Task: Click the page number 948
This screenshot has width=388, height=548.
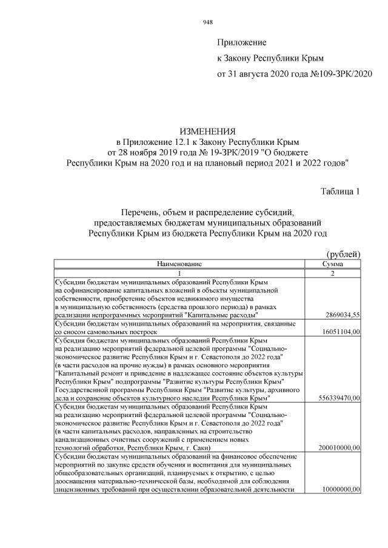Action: coord(207,22)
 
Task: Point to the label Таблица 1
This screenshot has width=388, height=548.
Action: coord(340,192)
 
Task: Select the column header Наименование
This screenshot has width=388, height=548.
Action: coord(179,264)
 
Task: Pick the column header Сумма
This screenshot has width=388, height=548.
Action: coord(333,264)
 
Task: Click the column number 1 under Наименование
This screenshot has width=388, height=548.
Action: coord(179,273)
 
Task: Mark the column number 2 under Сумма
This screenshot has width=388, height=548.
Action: coord(333,273)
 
